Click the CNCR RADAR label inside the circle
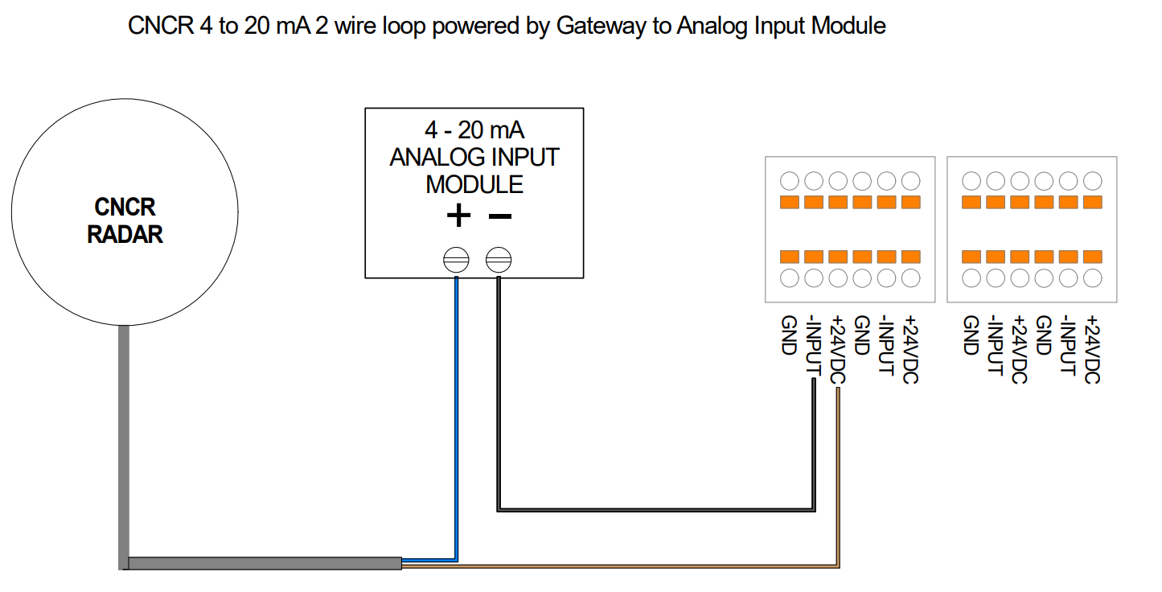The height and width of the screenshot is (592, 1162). pos(125,220)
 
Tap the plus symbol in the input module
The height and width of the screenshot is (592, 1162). pos(458,216)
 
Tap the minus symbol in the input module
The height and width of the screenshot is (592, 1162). pos(499,216)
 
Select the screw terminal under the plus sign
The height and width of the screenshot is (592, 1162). pos(456,259)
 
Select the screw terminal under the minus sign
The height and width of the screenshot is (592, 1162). pos(499,259)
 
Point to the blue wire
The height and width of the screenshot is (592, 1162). pos(456,418)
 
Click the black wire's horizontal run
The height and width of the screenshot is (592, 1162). pos(655,509)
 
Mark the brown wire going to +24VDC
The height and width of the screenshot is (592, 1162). pos(838,483)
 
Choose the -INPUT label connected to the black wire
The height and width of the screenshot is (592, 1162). pos(813,346)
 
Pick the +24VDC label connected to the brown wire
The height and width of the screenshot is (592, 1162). pos(837,349)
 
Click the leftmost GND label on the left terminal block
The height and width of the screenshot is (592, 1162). pos(789,335)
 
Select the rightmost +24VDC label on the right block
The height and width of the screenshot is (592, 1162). pos(1092,349)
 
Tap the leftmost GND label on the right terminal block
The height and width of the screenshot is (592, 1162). pos(971,335)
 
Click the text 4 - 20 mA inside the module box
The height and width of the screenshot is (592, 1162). pos(474,130)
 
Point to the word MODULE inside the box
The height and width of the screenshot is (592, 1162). pos(474,184)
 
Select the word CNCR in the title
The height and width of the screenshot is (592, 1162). pos(161,26)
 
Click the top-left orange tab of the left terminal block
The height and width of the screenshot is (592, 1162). pos(790,202)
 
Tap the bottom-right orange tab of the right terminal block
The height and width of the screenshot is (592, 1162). pos(1092,257)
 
